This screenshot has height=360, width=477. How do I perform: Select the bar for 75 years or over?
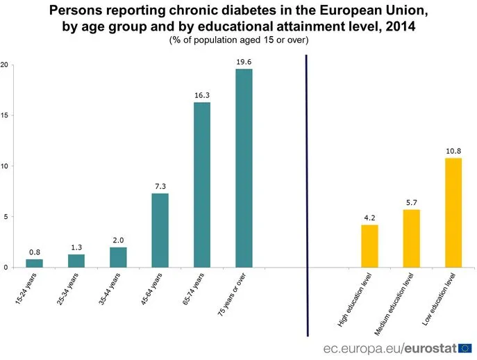click(244, 167)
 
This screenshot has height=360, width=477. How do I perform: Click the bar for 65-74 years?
click(202, 184)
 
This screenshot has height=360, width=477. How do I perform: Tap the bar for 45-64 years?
click(160, 230)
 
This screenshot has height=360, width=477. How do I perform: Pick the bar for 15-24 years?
click(35, 263)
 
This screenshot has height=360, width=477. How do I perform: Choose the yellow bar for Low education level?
click(453, 212)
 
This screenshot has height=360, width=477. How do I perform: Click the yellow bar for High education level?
click(369, 245)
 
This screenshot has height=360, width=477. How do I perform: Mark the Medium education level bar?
click(412, 238)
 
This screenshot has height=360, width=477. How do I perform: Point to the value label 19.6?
click(244, 62)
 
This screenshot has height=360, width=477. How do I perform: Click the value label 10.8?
click(453, 151)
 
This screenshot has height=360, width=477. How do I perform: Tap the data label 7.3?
click(160, 186)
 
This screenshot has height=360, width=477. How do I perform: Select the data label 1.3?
click(76, 247)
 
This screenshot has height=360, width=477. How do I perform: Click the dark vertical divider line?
click(306, 195)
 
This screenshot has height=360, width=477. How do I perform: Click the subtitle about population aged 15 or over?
click(238, 40)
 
